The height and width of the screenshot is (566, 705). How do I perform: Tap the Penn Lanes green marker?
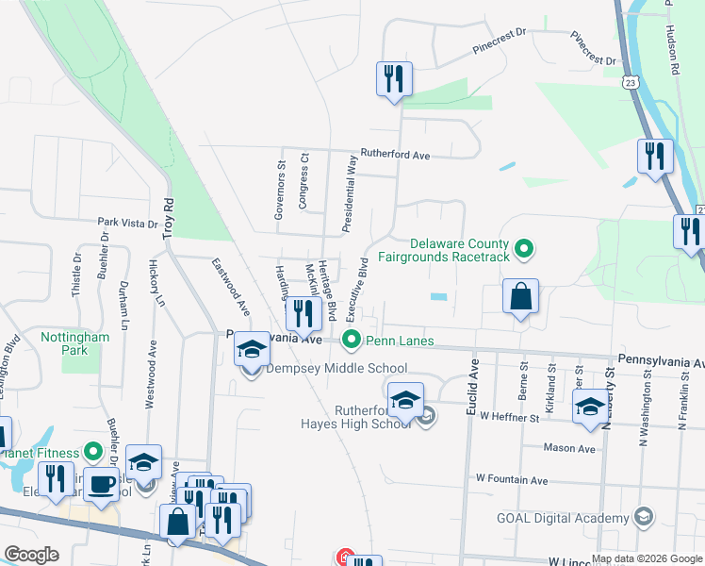tap(352, 338)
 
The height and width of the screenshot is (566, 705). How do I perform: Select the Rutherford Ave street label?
tap(396, 155)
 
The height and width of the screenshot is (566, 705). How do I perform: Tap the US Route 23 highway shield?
tap(629, 83)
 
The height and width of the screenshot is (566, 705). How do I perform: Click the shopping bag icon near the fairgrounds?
tap(520, 297)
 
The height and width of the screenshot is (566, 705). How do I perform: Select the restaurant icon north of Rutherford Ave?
tap(393, 79)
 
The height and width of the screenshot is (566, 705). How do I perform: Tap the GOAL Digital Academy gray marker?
tap(643, 517)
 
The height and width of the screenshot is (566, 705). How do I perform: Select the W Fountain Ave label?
tap(512, 480)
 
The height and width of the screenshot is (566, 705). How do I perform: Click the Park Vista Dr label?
tap(127, 224)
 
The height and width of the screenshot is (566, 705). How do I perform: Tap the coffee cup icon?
tap(101, 486)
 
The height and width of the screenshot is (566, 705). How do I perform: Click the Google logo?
tap(31, 555)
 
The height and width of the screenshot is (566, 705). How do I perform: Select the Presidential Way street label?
tap(349, 194)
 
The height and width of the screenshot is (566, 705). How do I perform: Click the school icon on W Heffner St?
tap(591, 407)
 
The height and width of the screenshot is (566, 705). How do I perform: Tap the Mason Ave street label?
tap(570, 449)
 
